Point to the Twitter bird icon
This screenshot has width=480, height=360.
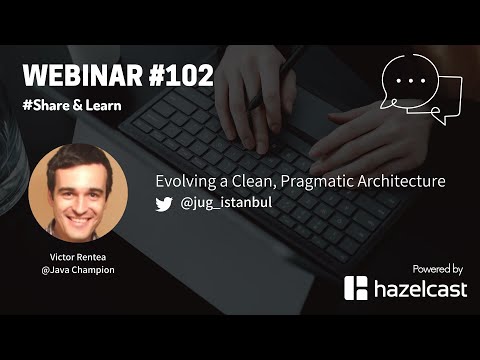click(x=164, y=203)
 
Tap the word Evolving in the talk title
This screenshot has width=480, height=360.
click(x=186, y=182)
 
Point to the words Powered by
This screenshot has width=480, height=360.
click(x=437, y=268)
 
